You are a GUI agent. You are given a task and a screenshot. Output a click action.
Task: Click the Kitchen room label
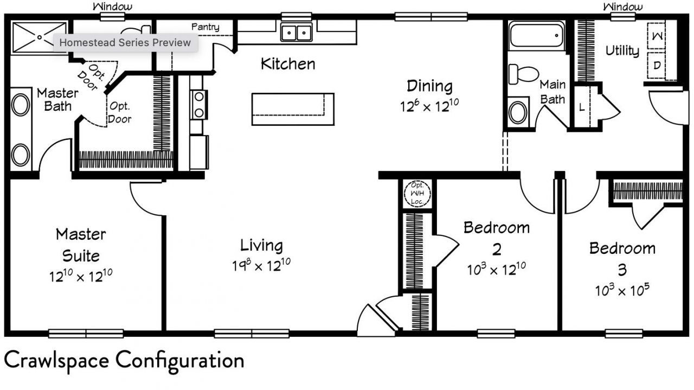coord(288,64)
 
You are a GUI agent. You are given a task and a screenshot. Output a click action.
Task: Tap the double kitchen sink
coord(297,32)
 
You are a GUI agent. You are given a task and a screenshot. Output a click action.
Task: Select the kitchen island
coord(293,109)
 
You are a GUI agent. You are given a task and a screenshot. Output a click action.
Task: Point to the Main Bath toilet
coord(523,74)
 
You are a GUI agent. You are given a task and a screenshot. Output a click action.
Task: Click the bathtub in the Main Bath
coord(536,35)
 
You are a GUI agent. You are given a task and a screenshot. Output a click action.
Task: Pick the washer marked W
coord(656,36)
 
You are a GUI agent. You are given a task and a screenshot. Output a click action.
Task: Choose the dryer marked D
coord(656,66)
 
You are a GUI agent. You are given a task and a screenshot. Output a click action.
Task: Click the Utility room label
coord(622,51)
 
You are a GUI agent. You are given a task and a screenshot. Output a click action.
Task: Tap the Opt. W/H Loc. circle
coord(417,194)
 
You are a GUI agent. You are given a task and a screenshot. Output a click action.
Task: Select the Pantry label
coord(205,27)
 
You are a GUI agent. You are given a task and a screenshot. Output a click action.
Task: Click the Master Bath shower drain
coord(40,37)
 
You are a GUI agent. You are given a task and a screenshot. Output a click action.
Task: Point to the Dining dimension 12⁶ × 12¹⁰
coord(429,106)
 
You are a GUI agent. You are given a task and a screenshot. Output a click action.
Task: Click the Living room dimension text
coord(261,265)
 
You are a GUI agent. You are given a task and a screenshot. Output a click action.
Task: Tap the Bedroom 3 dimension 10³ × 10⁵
coord(622,290)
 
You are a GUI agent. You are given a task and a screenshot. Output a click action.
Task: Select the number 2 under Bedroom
coord(497,249)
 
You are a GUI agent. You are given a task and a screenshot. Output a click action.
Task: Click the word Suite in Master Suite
coord(81,256)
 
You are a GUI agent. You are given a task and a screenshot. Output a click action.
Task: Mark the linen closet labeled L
coord(582,107)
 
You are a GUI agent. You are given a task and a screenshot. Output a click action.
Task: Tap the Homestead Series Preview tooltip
coord(125,42)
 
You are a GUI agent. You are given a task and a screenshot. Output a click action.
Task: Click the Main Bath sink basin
coord(518,112)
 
